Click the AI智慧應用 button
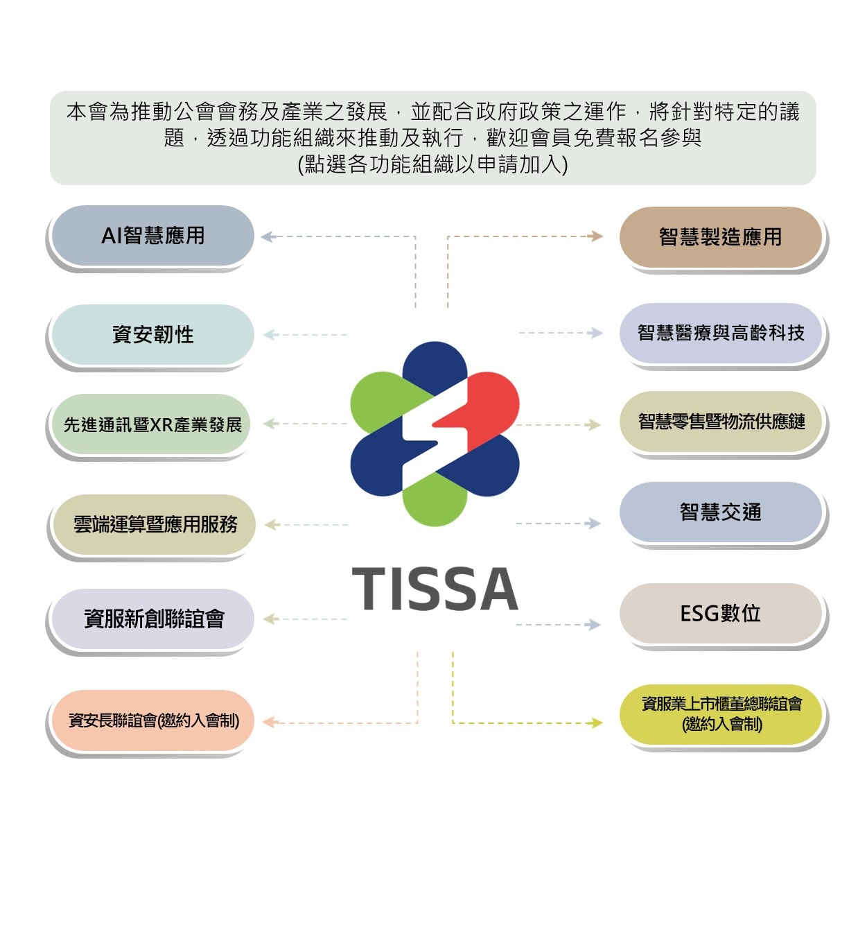pyautogui.click(x=152, y=236)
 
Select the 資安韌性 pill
pyautogui.click(x=152, y=334)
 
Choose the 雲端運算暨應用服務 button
pyautogui.click(x=154, y=524)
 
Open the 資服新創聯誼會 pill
pyautogui.click(x=152, y=619)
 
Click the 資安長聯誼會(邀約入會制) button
pyautogui.click(x=152, y=720)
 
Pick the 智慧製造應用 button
pyautogui.click(x=720, y=237)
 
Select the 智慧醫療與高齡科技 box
pyautogui.click(x=720, y=333)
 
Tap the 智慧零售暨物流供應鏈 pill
pyautogui.click(x=720, y=422)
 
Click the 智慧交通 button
pyautogui.click(x=720, y=512)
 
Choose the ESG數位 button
pyautogui.click(x=720, y=614)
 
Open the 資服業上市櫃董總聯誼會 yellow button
pyautogui.click(x=720, y=714)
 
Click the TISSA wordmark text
pyautogui.click(x=435, y=589)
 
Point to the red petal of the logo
pyautogui.click(x=484, y=410)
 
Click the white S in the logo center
pyautogui.click(x=435, y=433)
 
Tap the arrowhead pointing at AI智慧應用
pyautogui.click(x=268, y=236)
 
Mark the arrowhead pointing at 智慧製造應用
pyautogui.click(x=596, y=236)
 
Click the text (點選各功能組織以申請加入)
pyautogui.click(x=432, y=164)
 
